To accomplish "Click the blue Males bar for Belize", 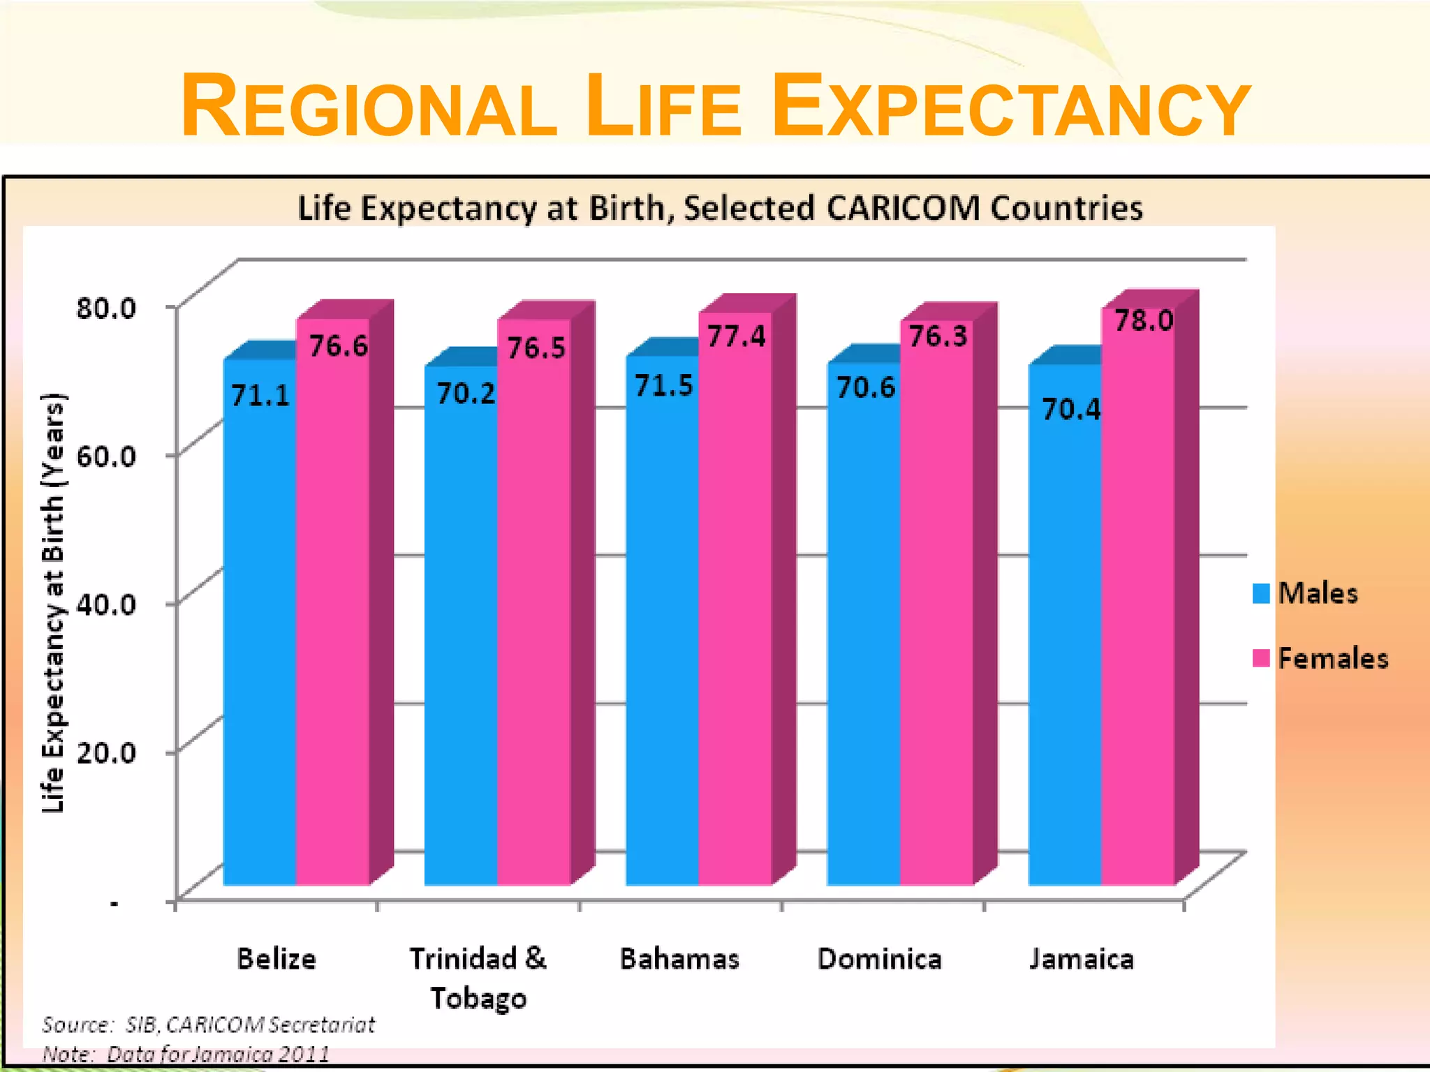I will tap(259, 628).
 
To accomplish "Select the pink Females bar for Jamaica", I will tap(1137, 614).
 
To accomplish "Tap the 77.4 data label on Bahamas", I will tap(736, 337).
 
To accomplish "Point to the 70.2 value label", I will tap(465, 394).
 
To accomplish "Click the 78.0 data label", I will tap(1143, 321).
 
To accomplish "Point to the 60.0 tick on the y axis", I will tap(106, 456).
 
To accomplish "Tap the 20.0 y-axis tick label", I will tap(106, 752).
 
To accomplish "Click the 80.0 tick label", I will tap(106, 308).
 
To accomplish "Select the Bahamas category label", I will tap(679, 959).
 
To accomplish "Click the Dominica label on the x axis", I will tap(880, 959).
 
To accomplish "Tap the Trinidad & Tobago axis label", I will tap(478, 977).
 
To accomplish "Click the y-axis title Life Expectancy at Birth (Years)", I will tap(53, 604).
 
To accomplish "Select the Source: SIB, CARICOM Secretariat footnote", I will tap(208, 1025).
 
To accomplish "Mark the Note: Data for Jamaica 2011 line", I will tap(186, 1054).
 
